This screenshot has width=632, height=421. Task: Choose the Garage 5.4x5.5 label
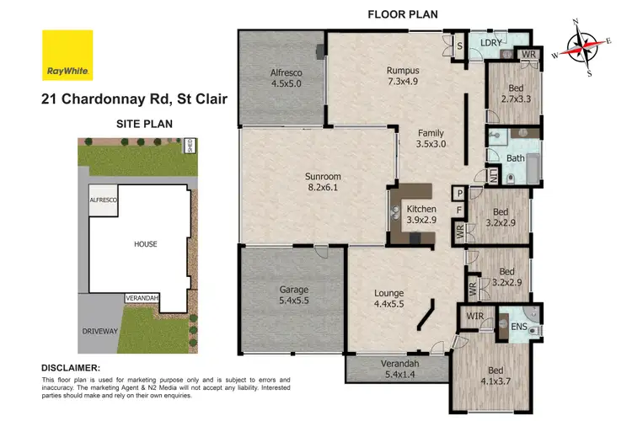[x=293, y=295]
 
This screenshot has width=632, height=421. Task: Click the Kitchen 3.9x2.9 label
[x=421, y=214]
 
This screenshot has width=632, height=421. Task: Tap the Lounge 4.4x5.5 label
[x=390, y=299]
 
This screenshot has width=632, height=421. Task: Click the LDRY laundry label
[x=491, y=42]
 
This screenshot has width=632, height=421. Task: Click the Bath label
[x=516, y=157]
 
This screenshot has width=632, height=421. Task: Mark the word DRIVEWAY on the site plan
[x=98, y=332]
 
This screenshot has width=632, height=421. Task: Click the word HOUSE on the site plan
[x=145, y=244]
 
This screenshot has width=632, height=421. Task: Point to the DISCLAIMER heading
[x=71, y=368]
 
